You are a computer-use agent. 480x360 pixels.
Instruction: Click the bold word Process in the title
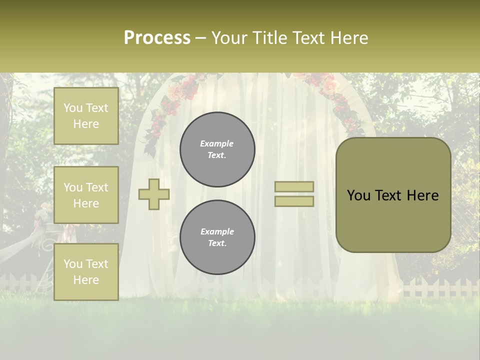click(x=157, y=38)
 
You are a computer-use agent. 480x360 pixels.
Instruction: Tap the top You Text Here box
click(x=86, y=116)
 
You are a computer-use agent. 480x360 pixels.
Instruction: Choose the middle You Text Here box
click(x=86, y=195)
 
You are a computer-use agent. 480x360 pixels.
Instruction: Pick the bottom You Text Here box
click(x=86, y=272)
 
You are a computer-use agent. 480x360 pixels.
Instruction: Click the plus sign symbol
click(x=154, y=194)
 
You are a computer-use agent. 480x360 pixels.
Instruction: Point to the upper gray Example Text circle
click(x=217, y=149)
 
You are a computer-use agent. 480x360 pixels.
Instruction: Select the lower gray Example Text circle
click(x=217, y=237)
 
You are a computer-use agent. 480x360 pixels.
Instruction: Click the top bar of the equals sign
click(x=294, y=186)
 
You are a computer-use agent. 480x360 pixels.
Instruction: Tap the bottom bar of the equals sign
click(x=294, y=201)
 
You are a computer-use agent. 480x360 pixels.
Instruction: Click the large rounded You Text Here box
click(x=393, y=195)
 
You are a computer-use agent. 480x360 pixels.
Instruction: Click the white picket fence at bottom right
click(x=440, y=288)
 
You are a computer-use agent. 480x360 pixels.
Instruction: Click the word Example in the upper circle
click(x=216, y=143)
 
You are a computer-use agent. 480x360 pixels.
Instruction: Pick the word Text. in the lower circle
click(x=217, y=243)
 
